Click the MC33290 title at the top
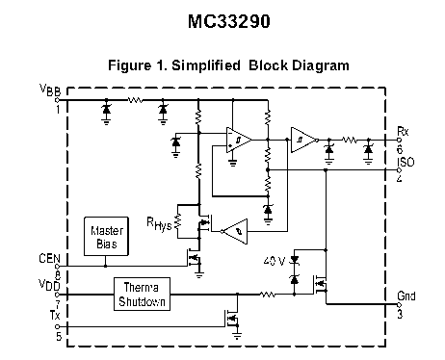[229, 22]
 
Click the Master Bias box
[106, 237]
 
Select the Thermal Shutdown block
[142, 295]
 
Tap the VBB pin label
[50, 90]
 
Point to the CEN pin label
[49, 258]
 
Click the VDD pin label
[49, 285]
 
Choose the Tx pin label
[55, 315]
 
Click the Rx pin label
[403, 131]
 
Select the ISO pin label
[406, 162]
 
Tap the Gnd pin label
[406, 296]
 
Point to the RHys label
[159, 223]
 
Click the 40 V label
[275, 261]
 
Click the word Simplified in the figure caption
[206, 65]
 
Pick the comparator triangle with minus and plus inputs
[239, 140]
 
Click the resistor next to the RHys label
[177, 221]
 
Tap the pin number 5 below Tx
[59, 337]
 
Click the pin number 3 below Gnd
[400, 314]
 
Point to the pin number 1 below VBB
[58, 110]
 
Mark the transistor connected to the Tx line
[232, 319]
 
